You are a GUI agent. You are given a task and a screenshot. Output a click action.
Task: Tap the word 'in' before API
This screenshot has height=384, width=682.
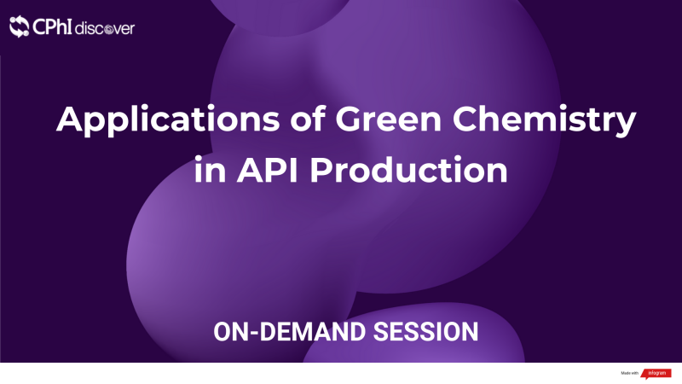pyautogui.click(x=203, y=170)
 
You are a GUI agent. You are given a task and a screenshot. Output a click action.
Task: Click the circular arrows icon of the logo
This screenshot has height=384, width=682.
pyautogui.click(x=20, y=27)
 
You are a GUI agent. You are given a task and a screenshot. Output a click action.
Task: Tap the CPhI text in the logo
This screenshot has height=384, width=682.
pyautogui.click(x=52, y=27)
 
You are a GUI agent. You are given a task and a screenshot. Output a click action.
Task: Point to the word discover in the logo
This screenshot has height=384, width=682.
pyautogui.click(x=104, y=28)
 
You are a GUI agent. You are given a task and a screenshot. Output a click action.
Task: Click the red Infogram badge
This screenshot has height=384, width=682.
pyautogui.click(x=656, y=373)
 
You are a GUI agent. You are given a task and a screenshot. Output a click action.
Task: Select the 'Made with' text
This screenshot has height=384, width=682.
pyautogui.click(x=630, y=373)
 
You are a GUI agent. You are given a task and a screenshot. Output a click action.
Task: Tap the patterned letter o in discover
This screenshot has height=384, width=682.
pyautogui.click(x=111, y=29)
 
